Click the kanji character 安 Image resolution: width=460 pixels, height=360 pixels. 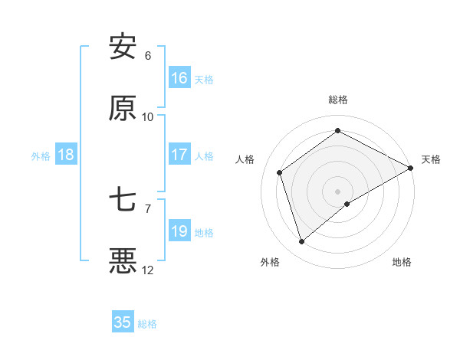click(x=123, y=47)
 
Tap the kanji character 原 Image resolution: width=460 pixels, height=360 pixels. click(x=123, y=109)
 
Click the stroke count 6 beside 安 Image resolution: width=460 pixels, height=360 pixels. click(x=148, y=55)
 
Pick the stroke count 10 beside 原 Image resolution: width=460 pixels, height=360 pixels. click(x=148, y=116)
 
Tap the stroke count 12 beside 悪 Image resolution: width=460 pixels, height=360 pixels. click(x=148, y=270)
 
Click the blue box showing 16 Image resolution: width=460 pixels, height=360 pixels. click(x=179, y=78)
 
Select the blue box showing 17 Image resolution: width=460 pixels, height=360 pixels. click(x=179, y=155)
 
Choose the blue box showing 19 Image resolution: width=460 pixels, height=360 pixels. click(x=179, y=231)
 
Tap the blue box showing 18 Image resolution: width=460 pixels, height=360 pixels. click(x=66, y=155)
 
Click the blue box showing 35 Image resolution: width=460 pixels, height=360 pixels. click(x=123, y=322)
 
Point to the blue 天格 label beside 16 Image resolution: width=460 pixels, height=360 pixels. click(x=204, y=80)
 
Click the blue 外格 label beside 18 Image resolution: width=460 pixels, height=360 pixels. click(x=41, y=156)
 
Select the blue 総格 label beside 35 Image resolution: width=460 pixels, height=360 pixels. click(x=147, y=324)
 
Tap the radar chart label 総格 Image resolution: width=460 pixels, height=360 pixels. click(x=338, y=100)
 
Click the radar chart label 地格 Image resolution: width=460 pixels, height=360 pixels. click(x=402, y=262)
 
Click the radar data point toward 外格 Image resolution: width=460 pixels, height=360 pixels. click(x=301, y=242)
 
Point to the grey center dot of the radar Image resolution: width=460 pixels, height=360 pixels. click(x=338, y=191)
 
